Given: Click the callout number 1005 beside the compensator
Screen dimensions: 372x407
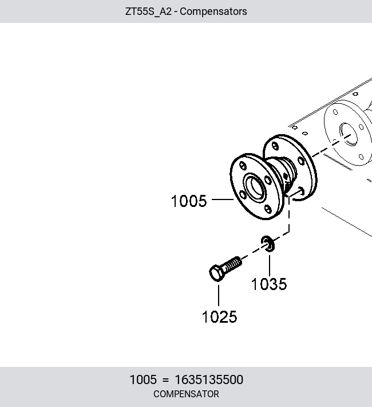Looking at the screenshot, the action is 189,201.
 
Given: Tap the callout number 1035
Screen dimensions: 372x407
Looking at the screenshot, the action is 269,284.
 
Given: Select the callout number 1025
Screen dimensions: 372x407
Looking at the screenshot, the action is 219,316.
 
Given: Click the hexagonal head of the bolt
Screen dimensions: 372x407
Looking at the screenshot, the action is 216,273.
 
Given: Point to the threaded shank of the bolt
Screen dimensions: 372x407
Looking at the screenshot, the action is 232,264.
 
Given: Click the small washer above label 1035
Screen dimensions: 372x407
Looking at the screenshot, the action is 268,244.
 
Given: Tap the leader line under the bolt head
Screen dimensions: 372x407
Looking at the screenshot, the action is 219,295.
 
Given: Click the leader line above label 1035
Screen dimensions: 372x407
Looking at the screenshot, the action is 270,265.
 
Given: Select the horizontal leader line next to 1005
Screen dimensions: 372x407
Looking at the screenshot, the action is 223,199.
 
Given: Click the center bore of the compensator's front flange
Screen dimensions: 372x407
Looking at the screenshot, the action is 255,187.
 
